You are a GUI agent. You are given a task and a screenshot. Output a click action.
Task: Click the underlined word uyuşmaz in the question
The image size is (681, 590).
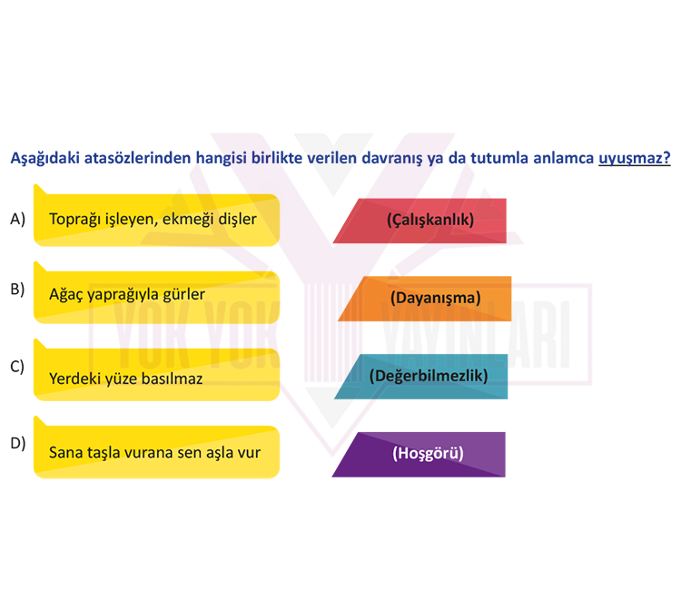tap(634, 159)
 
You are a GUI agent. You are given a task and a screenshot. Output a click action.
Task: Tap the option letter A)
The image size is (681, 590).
tap(18, 219)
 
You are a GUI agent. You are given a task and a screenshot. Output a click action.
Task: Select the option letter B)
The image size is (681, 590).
tap(17, 290)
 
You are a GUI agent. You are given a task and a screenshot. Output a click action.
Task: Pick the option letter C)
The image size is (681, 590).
tap(17, 367)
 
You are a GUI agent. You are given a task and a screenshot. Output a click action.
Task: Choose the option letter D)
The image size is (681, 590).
tap(18, 443)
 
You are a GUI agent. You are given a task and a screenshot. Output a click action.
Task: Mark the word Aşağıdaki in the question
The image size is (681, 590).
tap(44, 159)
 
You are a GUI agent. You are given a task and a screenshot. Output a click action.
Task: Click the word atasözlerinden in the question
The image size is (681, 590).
tap(138, 158)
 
